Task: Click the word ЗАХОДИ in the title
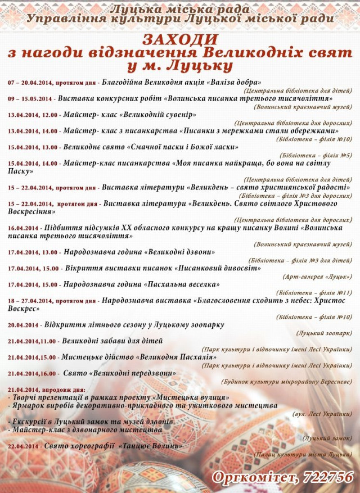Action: (179, 39)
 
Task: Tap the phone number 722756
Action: (328, 477)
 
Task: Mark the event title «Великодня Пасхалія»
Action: (176, 357)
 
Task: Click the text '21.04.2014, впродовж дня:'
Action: (47, 389)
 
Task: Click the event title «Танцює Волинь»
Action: (151, 446)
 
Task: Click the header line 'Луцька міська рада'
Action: (179, 10)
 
